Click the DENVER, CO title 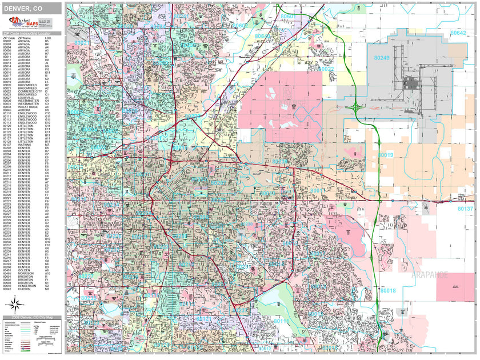tap(23, 7)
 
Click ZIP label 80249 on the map tap(382, 58)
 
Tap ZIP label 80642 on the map tap(458, 33)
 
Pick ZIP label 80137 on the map tap(465, 209)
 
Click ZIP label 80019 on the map tap(386, 155)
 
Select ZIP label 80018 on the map tap(387, 291)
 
